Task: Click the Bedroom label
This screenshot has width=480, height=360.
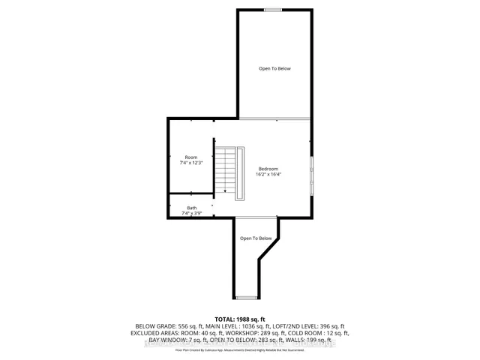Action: point(269,168)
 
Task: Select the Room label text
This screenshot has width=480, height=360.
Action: point(192,157)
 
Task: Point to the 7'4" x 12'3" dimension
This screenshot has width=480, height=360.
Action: point(192,163)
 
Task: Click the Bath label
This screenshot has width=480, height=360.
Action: point(192,208)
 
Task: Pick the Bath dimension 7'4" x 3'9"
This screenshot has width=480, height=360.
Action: point(192,214)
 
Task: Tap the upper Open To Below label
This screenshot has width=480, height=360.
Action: point(274,69)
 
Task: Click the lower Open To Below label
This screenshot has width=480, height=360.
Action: point(255,238)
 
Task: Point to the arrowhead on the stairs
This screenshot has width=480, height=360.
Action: point(225,191)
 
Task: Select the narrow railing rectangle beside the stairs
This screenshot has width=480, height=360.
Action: point(240,173)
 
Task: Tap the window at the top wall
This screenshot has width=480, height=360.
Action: point(274,10)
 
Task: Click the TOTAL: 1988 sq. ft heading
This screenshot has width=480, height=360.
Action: point(240,319)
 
